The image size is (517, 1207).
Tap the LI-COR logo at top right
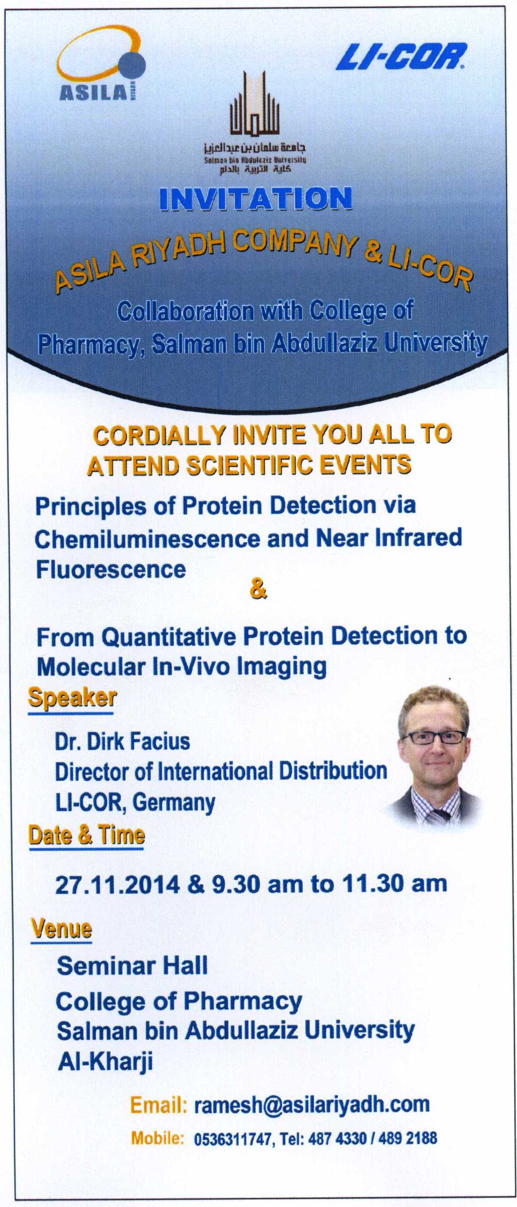click(401, 57)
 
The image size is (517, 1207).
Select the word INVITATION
click(255, 199)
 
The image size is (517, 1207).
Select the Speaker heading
click(72, 698)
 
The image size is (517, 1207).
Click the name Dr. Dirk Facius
click(123, 741)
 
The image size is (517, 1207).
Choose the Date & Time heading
click(87, 835)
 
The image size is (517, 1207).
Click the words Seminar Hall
click(132, 965)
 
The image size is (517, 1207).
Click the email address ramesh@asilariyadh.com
click(312, 1104)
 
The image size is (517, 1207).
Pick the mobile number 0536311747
click(232, 1139)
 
